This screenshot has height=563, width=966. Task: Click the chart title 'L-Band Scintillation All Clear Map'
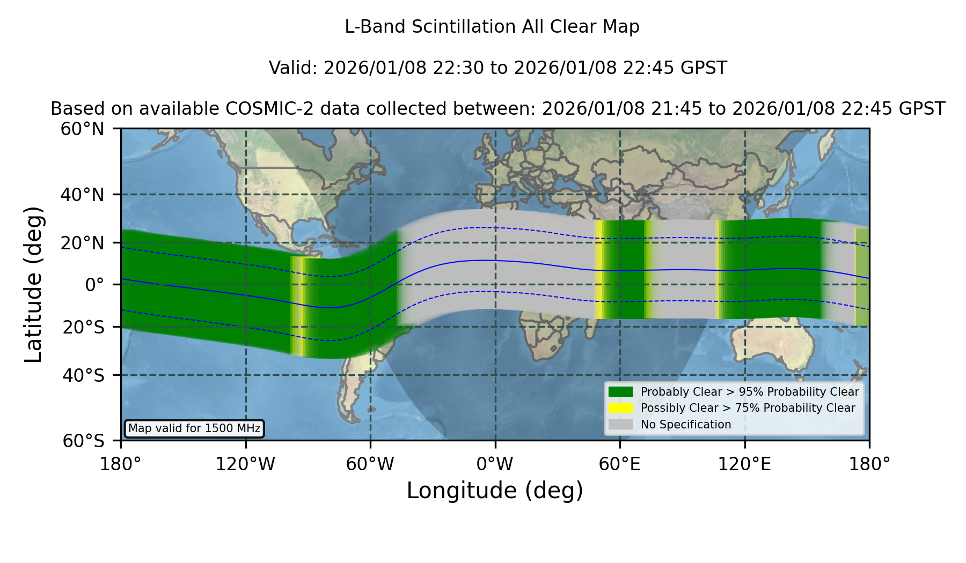coord(492,27)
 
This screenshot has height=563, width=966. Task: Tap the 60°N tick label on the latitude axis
coord(82,129)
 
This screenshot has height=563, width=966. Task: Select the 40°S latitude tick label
coord(83,375)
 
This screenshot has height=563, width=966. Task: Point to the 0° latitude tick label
coord(94,285)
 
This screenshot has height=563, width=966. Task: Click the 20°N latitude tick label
coord(82,243)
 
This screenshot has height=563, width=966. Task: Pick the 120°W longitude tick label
coord(245,464)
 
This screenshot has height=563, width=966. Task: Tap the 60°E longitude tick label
coord(620,464)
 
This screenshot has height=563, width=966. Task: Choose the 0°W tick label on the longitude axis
coord(495,464)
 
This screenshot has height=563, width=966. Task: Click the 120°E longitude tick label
coord(744,464)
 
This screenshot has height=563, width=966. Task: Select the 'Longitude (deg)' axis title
coord(495,491)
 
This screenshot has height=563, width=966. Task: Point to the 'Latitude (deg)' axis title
coord(33,284)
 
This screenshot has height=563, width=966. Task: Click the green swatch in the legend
coord(620,392)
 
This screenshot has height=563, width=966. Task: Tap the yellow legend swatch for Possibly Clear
coord(620,408)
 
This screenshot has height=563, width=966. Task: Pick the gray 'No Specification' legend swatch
coord(620,425)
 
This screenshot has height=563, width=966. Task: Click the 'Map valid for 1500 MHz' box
coord(194,428)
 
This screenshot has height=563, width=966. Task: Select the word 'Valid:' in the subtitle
coord(294,68)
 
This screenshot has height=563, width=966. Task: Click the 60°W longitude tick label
coord(370,464)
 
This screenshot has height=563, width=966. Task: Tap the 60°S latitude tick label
coord(83,441)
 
